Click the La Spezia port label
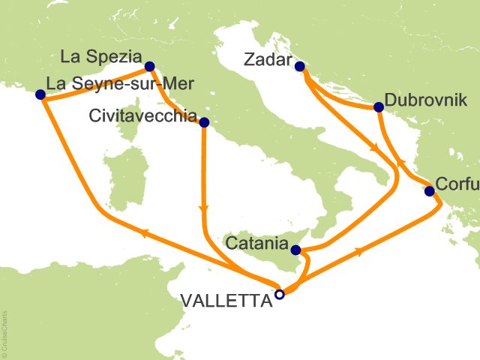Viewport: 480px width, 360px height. [x=101, y=56]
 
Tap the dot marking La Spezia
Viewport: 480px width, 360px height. [x=149, y=66]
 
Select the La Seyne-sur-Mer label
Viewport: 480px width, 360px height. [x=107, y=84]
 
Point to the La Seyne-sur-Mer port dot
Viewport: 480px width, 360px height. [x=40, y=94]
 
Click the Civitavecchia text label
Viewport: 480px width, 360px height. [x=142, y=117]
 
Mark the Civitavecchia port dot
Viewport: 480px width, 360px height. [x=204, y=121]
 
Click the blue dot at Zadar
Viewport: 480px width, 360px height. [x=300, y=67]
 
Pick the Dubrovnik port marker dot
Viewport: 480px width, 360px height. [x=378, y=107]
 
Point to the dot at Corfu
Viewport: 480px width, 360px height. [x=429, y=191]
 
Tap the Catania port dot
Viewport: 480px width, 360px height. [x=296, y=249]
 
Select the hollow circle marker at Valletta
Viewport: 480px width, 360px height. [x=279, y=295]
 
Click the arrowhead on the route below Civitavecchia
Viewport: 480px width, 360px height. [x=202, y=209]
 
